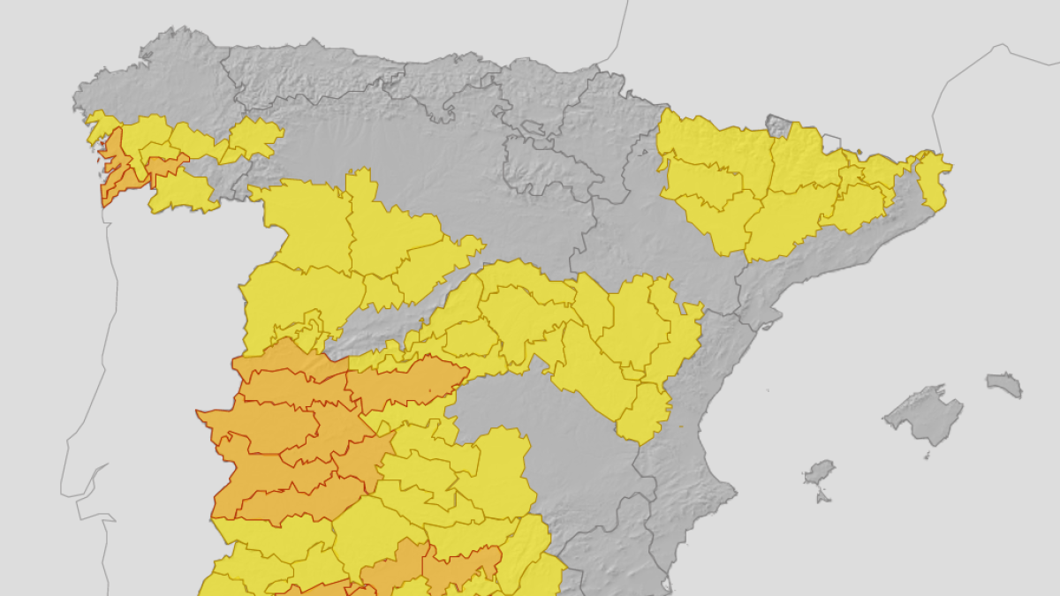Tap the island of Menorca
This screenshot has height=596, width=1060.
coord(1004,384)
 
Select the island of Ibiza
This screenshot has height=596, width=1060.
coord(819,472)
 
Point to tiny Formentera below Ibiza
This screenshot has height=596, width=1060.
coord(823,496)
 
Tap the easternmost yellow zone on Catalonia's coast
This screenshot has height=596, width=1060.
coord(932,181)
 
